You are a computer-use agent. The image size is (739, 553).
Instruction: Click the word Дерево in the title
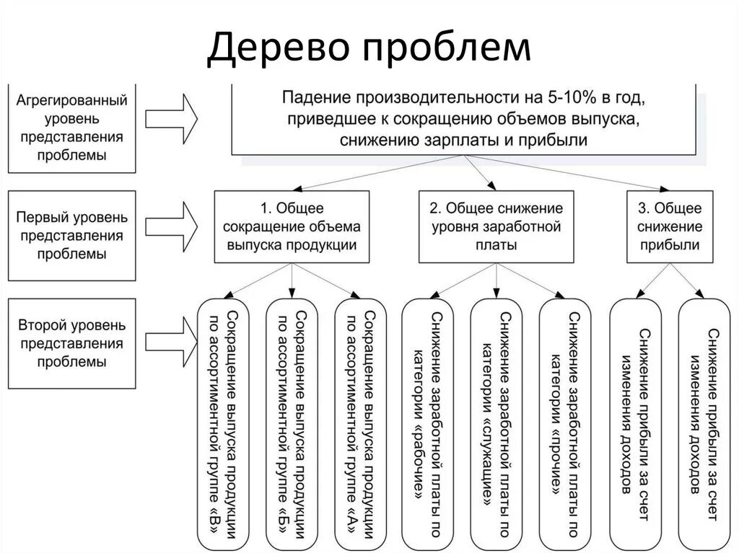(x=279, y=47)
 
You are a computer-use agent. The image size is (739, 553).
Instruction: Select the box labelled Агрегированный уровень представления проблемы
(x=71, y=128)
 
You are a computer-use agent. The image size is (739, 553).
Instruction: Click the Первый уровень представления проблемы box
(x=71, y=235)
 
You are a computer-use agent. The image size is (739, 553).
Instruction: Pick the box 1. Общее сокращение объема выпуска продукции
(x=292, y=226)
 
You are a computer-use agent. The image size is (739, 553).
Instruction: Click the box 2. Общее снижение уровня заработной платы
(x=496, y=226)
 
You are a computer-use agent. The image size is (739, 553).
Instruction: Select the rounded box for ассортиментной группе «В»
(x=222, y=422)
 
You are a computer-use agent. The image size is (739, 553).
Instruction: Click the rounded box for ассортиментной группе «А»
(x=361, y=422)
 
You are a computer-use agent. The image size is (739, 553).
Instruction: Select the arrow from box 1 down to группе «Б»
(x=292, y=280)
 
